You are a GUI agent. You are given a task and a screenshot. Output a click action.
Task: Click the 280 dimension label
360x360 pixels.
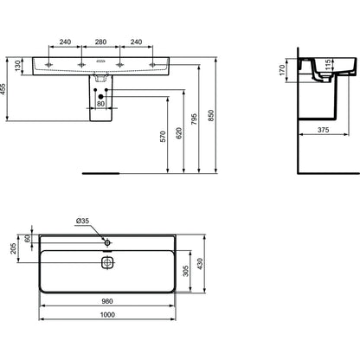100,42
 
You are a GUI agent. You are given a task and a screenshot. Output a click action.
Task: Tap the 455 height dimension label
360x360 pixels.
3,89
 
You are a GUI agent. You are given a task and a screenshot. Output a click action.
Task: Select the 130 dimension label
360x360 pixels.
18,66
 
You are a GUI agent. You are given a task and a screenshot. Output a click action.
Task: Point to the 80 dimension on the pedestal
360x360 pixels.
100,104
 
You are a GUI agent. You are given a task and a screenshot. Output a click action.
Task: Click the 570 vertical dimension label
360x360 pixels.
163,137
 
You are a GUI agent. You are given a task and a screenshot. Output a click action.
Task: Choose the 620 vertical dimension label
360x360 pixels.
179,133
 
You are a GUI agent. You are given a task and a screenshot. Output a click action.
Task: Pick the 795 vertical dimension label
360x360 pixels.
194,119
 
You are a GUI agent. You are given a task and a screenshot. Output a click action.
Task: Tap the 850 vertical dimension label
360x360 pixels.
211,115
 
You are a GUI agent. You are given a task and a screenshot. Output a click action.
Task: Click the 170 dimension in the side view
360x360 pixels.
282,70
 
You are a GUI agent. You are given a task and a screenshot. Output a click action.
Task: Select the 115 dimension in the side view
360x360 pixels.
327,65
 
